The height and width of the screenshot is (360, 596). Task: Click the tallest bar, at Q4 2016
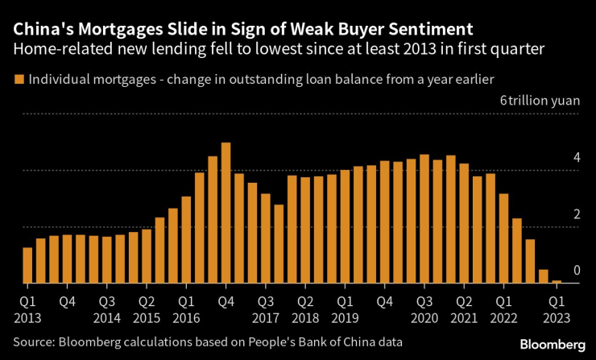(226, 213)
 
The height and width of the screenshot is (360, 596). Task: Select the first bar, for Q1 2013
(27, 266)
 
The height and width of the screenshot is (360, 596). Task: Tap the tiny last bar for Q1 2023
(557, 282)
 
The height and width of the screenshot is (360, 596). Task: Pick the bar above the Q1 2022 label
(503, 238)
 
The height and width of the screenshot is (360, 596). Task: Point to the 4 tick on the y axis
(576, 158)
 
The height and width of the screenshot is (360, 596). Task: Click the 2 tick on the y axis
(576, 214)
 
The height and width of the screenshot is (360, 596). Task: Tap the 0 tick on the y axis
(576, 271)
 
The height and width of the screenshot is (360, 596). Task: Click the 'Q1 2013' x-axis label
(27, 308)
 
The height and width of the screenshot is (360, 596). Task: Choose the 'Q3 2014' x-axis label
(107, 308)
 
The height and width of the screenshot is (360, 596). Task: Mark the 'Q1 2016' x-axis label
(187, 308)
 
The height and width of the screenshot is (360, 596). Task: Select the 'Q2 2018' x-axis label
(305, 308)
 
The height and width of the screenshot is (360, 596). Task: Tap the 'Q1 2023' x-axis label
(557, 308)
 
